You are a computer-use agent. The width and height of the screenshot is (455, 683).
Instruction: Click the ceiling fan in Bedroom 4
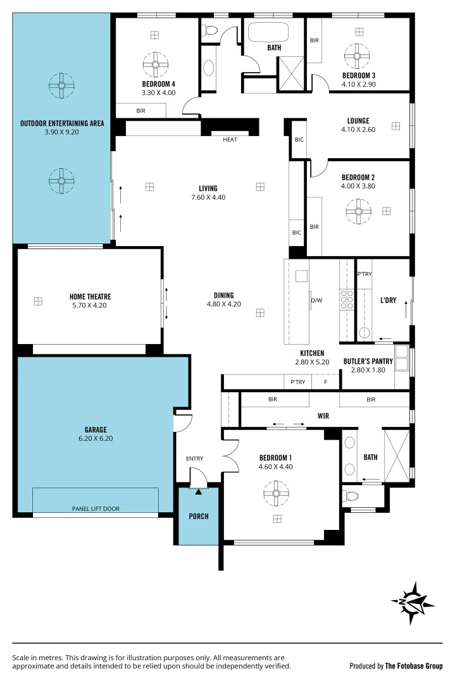pyautogui.click(x=155, y=64)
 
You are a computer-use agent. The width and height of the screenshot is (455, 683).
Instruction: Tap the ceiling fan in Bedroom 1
pyautogui.click(x=277, y=493)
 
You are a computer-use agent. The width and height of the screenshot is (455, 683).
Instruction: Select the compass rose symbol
pyautogui.click(x=413, y=603)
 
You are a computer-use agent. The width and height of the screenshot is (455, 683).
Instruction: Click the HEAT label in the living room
pyautogui.click(x=230, y=140)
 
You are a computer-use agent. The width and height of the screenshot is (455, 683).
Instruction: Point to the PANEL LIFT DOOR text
pyautogui.click(x=96, y=508)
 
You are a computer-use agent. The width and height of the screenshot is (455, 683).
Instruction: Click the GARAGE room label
pyautogui.click(x=96, y=429)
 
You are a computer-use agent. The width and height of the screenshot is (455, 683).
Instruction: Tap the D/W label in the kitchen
pyautogui.click(x=316, y=300)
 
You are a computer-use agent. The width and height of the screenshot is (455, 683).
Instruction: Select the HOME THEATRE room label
pyautogui.click(x=90, y=296)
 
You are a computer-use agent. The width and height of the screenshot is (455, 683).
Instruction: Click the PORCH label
pyautogui.click(x=199, y=516)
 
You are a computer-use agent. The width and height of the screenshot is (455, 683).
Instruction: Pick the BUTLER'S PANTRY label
pyautogui.click(x=368, y=361)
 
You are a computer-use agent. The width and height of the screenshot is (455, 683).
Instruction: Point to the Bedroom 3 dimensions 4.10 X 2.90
pyautogui.click(x=359, y=83)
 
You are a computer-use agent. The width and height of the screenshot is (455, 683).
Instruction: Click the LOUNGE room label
pyautogui.click(x=358, y=121)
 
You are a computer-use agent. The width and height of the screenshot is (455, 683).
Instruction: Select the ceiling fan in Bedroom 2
pyautogui.click(x=358, y=211)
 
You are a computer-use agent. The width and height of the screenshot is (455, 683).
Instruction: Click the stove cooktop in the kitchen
pyautogui.click(x=347, y=299)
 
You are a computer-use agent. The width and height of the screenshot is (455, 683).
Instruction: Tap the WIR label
pyautogui.click(x=323, y=417)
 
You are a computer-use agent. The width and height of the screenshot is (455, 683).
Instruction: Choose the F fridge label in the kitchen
pyautogui.click(x=326, y=382)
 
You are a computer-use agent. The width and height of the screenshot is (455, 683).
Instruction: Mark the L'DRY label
pyautogui.click(x=388, y=300)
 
